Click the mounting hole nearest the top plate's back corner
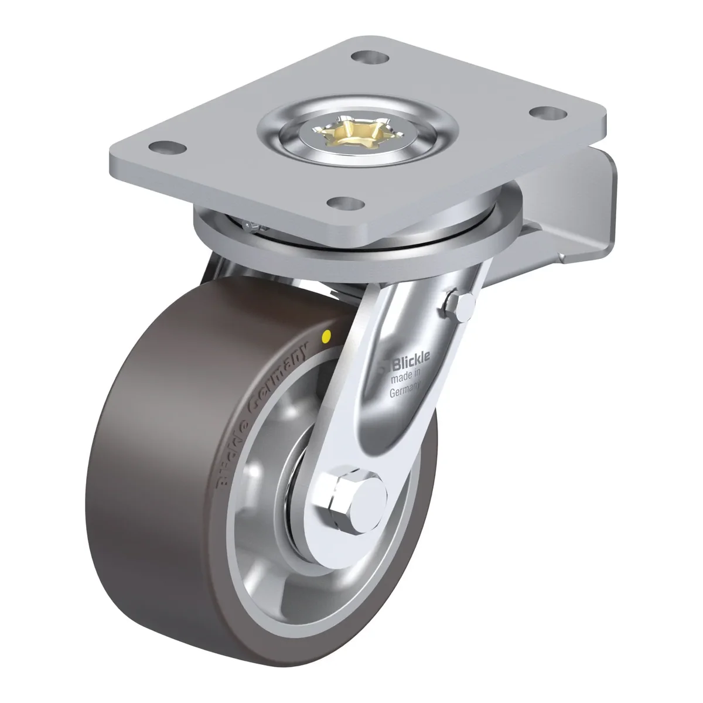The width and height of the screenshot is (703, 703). click(x=370, y=57)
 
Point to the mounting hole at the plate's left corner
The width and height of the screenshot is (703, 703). click(x=168, y=148)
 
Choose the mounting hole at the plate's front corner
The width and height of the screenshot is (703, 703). click(x=346, y=203)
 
